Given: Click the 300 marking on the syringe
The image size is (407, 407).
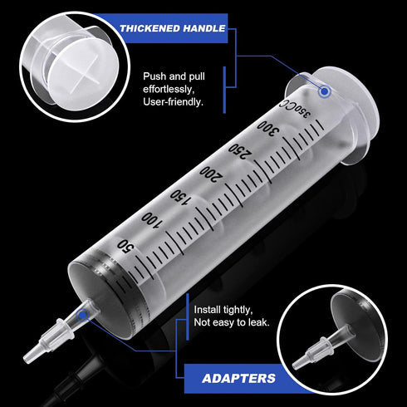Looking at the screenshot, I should click(x=266, y=133).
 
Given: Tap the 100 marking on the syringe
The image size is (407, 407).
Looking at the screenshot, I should click(x=150, y=219).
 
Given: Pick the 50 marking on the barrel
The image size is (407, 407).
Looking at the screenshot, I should click(x=125, y=245).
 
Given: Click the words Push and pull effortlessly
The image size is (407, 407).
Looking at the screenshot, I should click(x=179, y=81).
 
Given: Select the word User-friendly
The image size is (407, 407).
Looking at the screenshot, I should click(x=174, y=102).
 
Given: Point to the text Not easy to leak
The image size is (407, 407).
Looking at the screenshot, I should click(x=231, y=321).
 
